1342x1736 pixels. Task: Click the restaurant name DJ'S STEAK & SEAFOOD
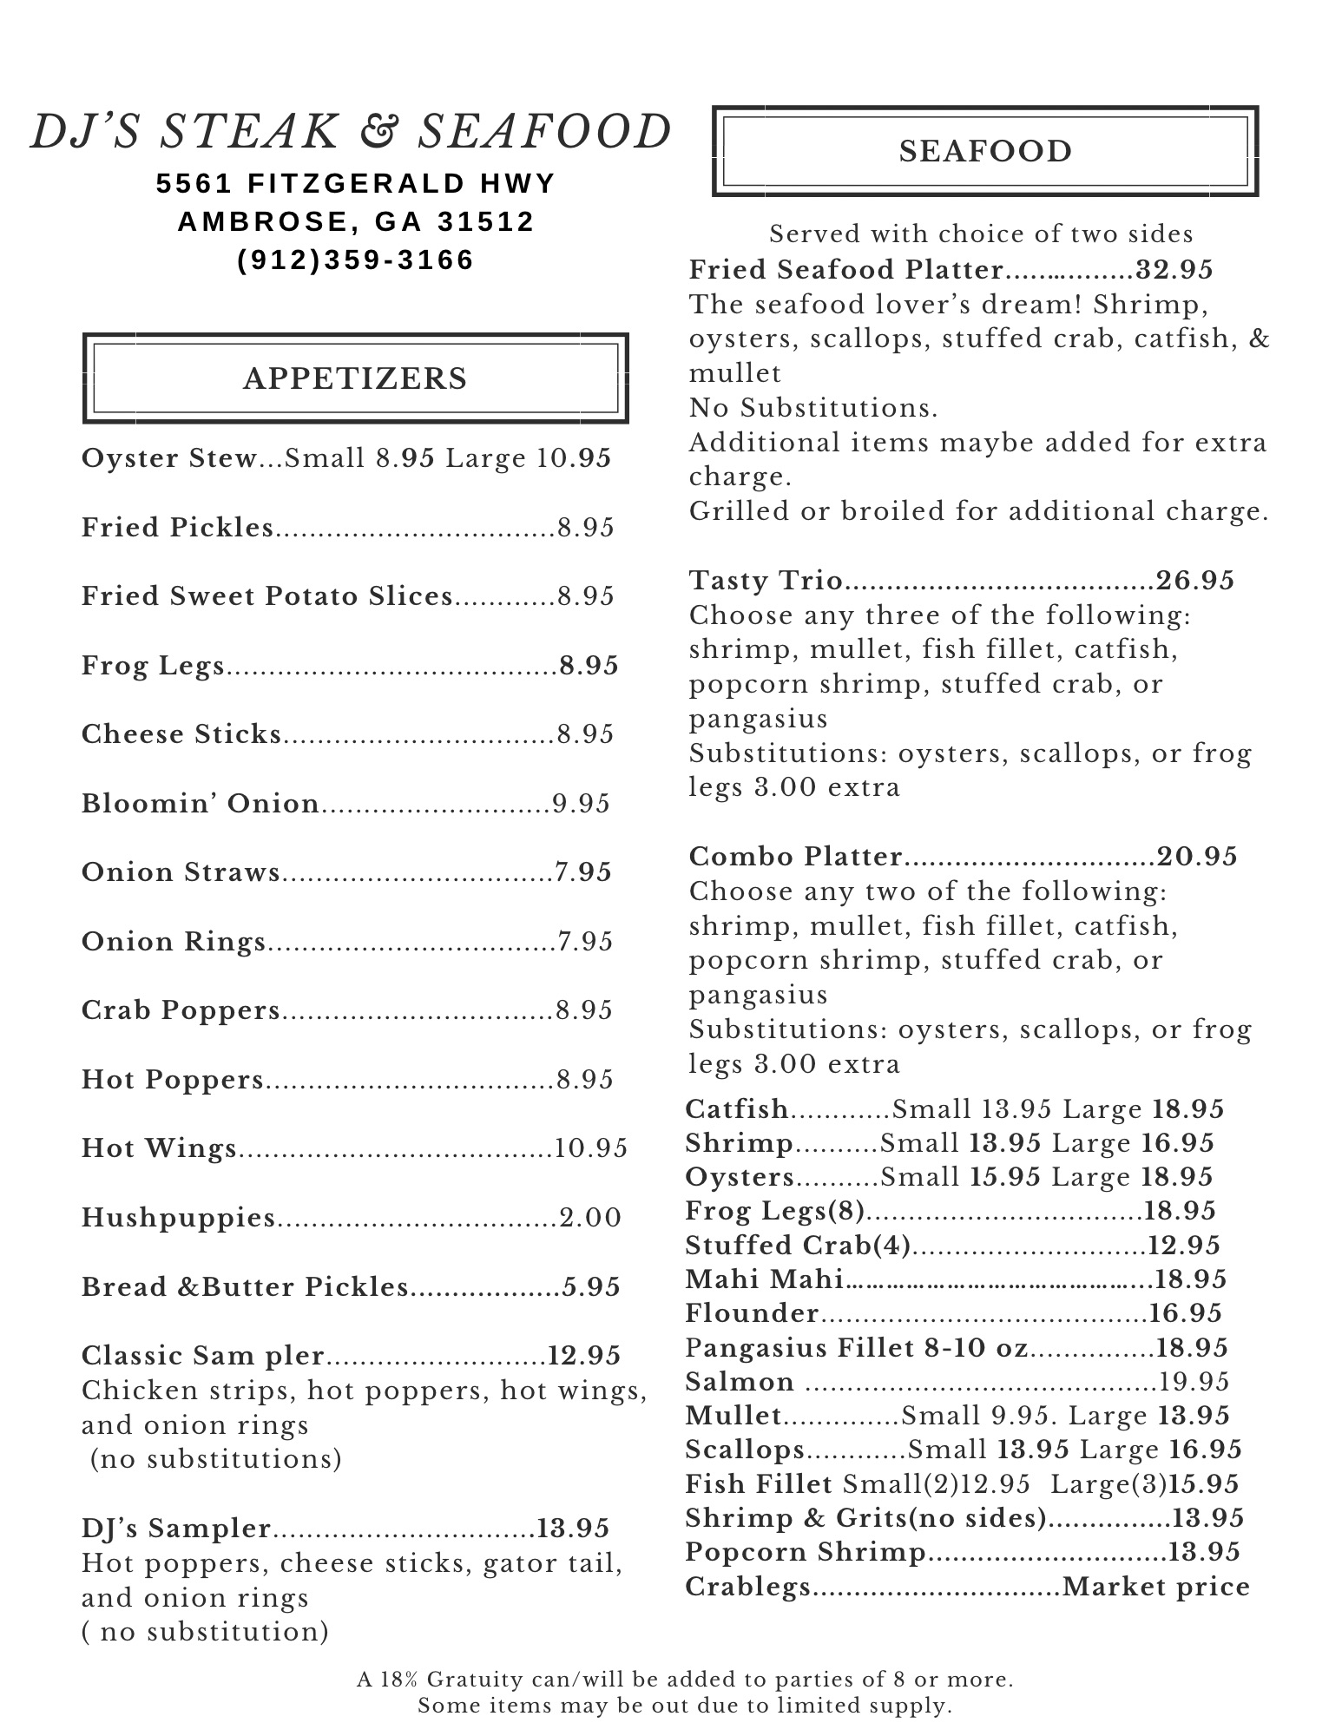coord(351,132)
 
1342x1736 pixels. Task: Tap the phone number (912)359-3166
coord(356,260)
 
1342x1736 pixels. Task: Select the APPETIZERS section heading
coord(355,378)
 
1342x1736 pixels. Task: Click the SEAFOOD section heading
coord(985,151)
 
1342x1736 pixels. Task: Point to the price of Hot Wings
coord(591,1148)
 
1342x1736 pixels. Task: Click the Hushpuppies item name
coord(178,1218)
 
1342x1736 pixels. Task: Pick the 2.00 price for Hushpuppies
coord(590,1218)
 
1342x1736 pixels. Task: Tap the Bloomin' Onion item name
coord(201,804)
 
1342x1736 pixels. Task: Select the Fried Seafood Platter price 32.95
coord(1174,270)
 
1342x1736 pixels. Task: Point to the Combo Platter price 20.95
coord(1197,857)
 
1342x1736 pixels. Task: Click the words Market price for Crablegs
coord(1156,1587)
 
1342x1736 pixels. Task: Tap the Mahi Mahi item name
coord(764,1279)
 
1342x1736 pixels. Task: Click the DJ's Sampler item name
coord(176,1528)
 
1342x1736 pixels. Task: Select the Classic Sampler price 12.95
coord(584,1356)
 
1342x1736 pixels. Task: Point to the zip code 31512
coord(486,222)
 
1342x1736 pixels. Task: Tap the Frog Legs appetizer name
coord(153,666)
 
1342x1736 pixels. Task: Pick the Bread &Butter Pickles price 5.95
coord(591,1286)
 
